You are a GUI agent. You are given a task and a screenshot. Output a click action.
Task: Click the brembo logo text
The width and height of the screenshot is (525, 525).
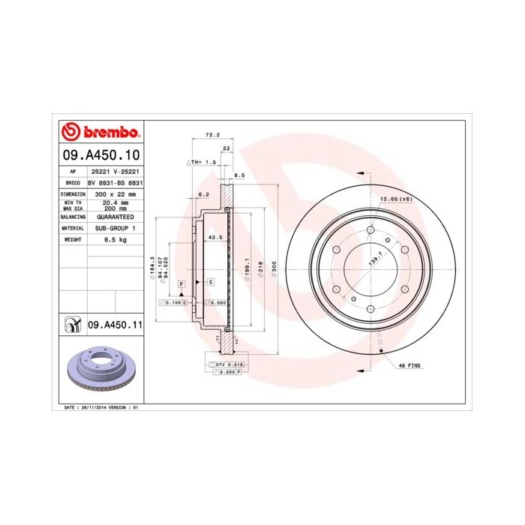click(x=109, y=133)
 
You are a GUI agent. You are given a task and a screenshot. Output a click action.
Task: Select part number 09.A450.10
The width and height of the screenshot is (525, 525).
click(x=100, y=156)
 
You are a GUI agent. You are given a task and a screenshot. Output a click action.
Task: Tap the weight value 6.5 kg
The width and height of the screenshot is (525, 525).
click(x=115, y=238)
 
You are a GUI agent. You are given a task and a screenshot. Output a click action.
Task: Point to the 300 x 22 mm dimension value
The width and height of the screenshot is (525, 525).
click(x=115, y=193)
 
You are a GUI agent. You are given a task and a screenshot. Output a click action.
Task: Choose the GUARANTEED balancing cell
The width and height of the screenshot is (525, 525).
click(x=115, y=216)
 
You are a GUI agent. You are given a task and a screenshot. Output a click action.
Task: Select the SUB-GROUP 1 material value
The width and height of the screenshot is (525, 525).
click(x=115, y=227)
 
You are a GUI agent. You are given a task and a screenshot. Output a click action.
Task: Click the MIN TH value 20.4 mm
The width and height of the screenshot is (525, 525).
click(x=115, y=202)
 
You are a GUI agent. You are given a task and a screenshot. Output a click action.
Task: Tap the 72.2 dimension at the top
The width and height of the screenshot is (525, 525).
click(x=212, y=135)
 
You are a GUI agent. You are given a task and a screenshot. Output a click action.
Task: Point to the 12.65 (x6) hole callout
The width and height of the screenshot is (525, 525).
click(x=396, y=199)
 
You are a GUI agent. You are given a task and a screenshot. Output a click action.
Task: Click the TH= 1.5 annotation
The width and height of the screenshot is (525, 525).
click(x=201, y=162)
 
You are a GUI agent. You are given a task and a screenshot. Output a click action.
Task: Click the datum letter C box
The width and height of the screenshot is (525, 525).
click(x=210, y=281)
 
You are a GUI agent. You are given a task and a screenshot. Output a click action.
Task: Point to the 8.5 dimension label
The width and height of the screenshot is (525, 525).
click(x=240, y=175)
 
